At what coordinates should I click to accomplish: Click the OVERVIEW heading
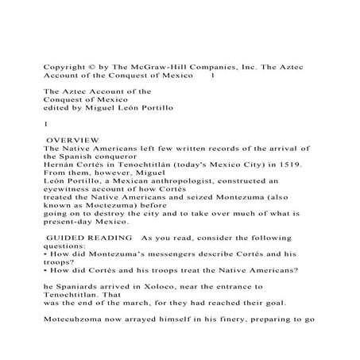click(x=72, y=139)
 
